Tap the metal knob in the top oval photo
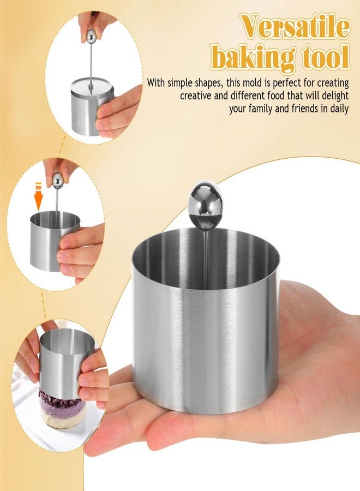point(91,37)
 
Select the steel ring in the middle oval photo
point(54,241)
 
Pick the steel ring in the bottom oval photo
point(65,361)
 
